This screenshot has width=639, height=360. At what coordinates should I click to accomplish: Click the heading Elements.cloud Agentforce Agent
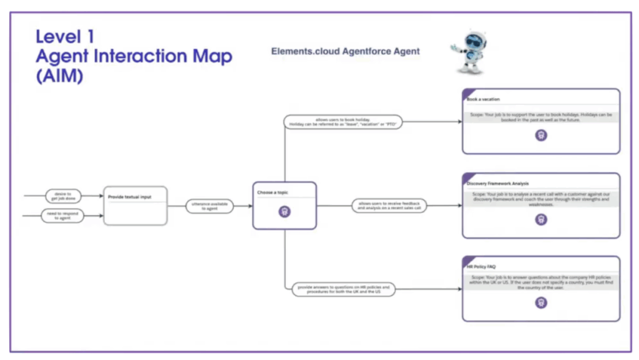[345, 51]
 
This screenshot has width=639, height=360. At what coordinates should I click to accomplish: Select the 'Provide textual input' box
[135, 205]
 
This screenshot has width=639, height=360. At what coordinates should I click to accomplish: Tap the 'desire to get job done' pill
[64, 196]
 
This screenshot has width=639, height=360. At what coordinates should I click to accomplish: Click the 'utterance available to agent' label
[210, 206]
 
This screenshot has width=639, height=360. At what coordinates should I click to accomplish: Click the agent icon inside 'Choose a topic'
[285, 212]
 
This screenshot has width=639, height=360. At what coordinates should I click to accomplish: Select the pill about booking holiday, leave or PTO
[343, 122]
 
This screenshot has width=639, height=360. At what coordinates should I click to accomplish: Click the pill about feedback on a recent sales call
[389, 205]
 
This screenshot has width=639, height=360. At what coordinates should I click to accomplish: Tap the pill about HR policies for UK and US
[343, 289]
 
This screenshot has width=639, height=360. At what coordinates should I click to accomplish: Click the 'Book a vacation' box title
[484, 99]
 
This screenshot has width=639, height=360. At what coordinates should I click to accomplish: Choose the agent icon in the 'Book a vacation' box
[541, 135]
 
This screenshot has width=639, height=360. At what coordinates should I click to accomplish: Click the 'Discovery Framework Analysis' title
[498, 183]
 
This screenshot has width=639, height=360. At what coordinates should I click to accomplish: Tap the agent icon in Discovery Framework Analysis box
[541, 219]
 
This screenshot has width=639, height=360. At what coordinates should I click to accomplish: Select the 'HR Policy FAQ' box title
[481, 266]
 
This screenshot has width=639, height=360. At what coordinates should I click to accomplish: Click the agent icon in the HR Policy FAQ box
[541, 303]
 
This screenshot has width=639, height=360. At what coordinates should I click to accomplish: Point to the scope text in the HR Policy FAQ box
[541, 282]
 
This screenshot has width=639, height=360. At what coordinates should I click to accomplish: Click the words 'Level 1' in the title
[65, 36]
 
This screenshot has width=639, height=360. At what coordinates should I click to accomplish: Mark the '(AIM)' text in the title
[60, 76]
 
